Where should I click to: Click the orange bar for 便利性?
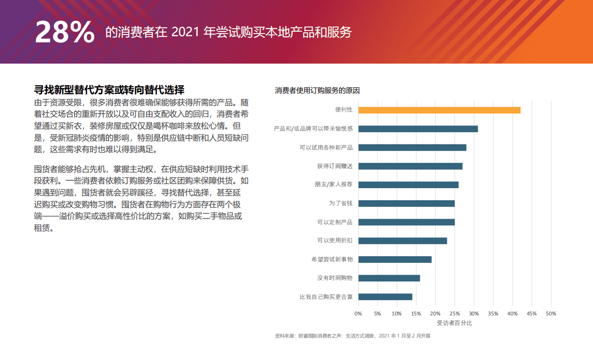(439, 110)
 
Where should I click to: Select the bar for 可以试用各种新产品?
(412, 148)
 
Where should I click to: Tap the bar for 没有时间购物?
(389, 278)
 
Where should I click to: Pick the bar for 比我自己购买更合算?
(385, 297)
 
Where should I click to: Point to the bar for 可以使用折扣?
(402, 241)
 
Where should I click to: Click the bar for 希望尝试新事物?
(395, 259)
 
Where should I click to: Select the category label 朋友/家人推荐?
(333, 185)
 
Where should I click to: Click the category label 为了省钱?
(340, 203)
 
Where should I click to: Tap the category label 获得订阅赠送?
(334, 166)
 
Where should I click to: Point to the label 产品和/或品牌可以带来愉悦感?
(313, 129)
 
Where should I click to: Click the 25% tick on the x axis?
(454, 314)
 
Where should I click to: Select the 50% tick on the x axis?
(551, 314)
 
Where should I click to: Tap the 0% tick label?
(358, 314)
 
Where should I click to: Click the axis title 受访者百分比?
(454, 323)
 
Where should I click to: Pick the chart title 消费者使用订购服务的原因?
(317, 91)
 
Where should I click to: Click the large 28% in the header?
(64, 32)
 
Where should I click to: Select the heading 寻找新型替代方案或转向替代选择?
(109, 90)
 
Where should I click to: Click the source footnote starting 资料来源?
(352, 336)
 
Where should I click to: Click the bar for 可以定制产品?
(406, 222)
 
